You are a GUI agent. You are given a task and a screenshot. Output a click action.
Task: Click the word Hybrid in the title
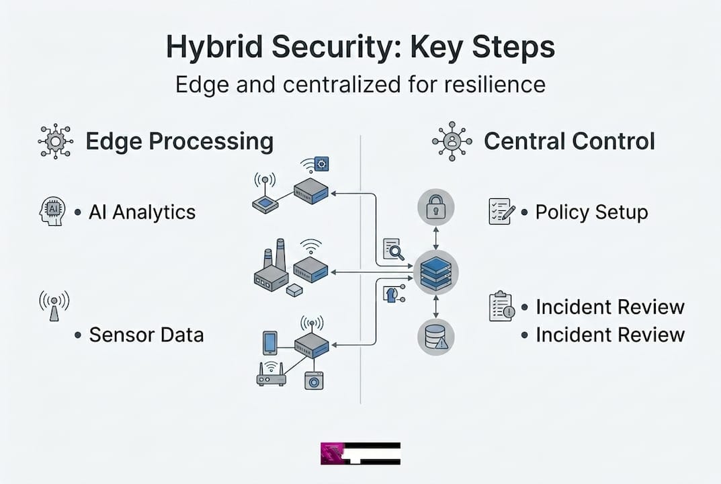(x=214, y=47)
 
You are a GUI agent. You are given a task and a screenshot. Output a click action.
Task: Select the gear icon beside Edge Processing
(x=56, y=141)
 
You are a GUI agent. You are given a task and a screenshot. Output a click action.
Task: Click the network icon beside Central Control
(x=452, y=141)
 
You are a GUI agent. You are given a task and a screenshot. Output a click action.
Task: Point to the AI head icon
(x=52, y=211)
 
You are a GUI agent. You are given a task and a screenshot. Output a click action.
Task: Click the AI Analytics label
(x=142, y=212)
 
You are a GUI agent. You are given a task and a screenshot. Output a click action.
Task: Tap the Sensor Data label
(x=146, y=335)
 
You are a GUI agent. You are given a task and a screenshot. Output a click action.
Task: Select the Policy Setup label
(x=592, y=212)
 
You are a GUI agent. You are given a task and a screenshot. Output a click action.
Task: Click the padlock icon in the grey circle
(x=436, y=207)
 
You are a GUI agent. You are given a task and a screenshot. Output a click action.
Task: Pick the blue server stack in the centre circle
(x=436, y=273)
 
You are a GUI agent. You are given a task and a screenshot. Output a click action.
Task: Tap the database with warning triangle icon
(x=436, y=337)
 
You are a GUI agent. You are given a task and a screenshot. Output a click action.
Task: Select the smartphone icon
(x=270, y=343)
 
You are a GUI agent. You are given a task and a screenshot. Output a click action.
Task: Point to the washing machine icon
(x=314, y=380)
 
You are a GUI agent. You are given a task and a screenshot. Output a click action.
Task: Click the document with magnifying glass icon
(x=394, y=249)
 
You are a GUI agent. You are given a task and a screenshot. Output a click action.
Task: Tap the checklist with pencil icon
(x=502, y=211)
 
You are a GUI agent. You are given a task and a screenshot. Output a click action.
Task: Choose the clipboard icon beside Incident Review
(x=501, y=307)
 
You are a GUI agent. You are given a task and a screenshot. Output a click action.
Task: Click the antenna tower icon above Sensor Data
(x=54, y=305)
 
